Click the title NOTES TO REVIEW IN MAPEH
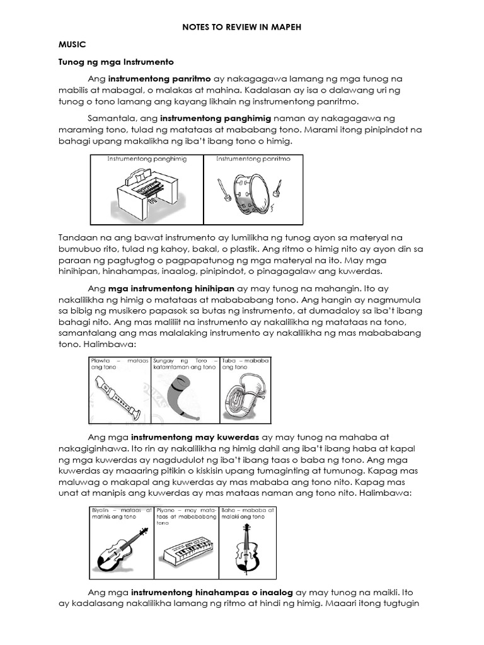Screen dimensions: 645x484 (x=242, y=28)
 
